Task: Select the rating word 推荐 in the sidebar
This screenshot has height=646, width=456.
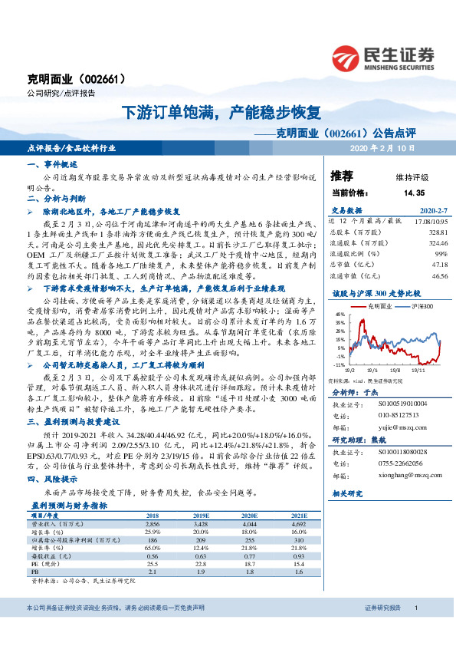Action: click(341, 176)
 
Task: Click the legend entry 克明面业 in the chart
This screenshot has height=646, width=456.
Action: click(380, 305)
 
